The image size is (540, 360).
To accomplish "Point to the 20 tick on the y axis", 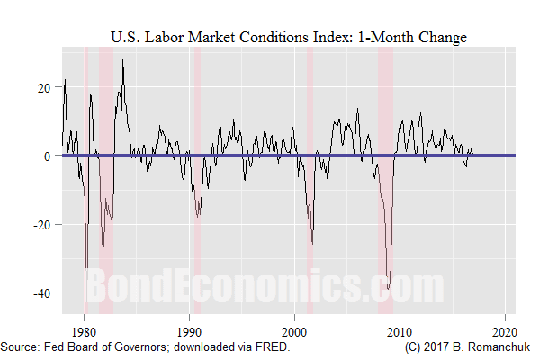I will tap(44, 87).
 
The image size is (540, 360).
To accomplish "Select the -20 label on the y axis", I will tap(41, 224).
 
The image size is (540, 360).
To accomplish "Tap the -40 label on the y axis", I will tap(41, 292).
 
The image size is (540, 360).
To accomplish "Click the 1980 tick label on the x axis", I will tap(84, 328).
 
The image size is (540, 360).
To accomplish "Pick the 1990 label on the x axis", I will tap(189, 328).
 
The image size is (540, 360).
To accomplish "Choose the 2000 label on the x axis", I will tap(294, 328).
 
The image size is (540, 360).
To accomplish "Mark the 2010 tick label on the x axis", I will tap(400, 328).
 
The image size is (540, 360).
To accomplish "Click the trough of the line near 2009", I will tap(388, 288).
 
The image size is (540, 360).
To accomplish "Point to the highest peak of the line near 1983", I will tap(122, 60).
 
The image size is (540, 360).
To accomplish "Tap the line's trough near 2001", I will tap(312, 243).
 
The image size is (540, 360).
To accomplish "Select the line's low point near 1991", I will tap(198, 216).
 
